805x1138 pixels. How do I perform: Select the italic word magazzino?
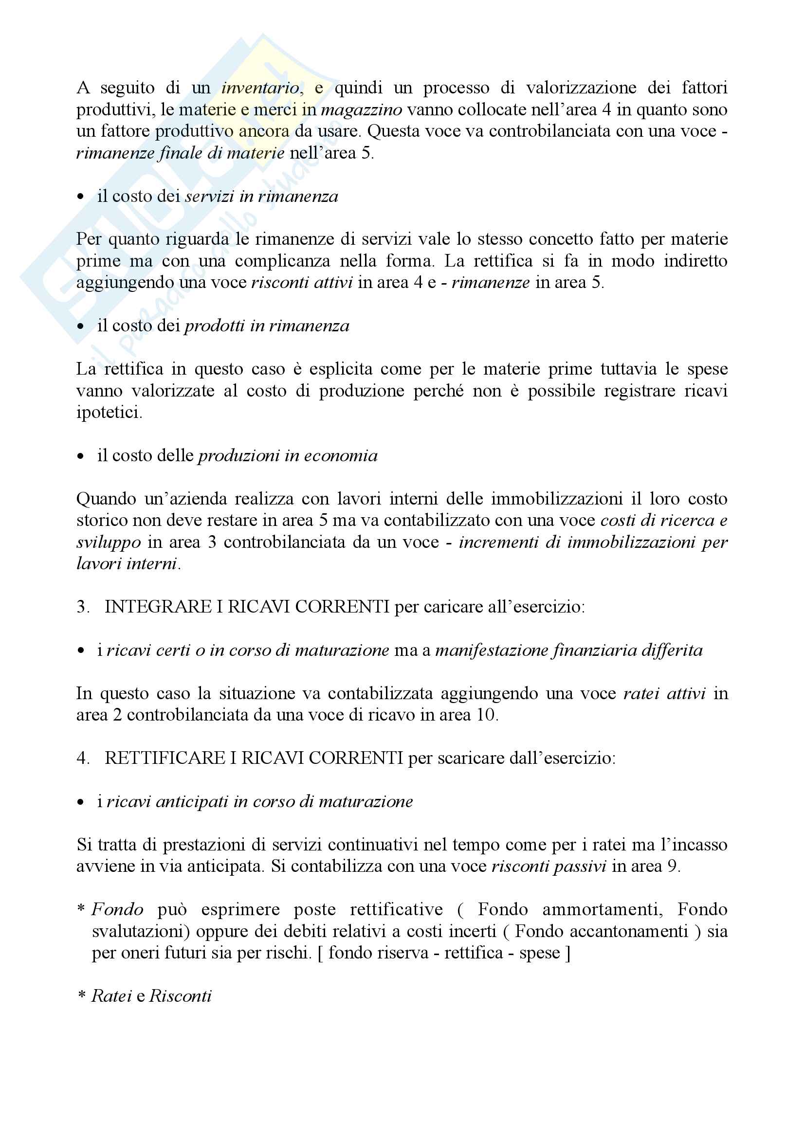361,109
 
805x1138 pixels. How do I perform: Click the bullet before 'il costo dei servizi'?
81,197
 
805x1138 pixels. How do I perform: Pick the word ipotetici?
109,413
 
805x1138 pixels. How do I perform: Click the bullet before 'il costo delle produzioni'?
81,456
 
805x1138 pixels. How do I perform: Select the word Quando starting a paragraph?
106,499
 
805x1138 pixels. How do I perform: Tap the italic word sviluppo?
109,542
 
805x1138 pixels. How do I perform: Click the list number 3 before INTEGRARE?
83,607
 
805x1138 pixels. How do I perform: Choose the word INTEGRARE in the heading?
158,607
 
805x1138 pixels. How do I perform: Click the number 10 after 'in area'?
486,715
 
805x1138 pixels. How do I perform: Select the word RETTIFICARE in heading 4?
165,759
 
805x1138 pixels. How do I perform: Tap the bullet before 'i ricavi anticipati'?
81,802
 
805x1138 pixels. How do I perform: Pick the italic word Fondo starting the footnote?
117,909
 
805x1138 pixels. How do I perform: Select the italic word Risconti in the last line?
181,996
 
